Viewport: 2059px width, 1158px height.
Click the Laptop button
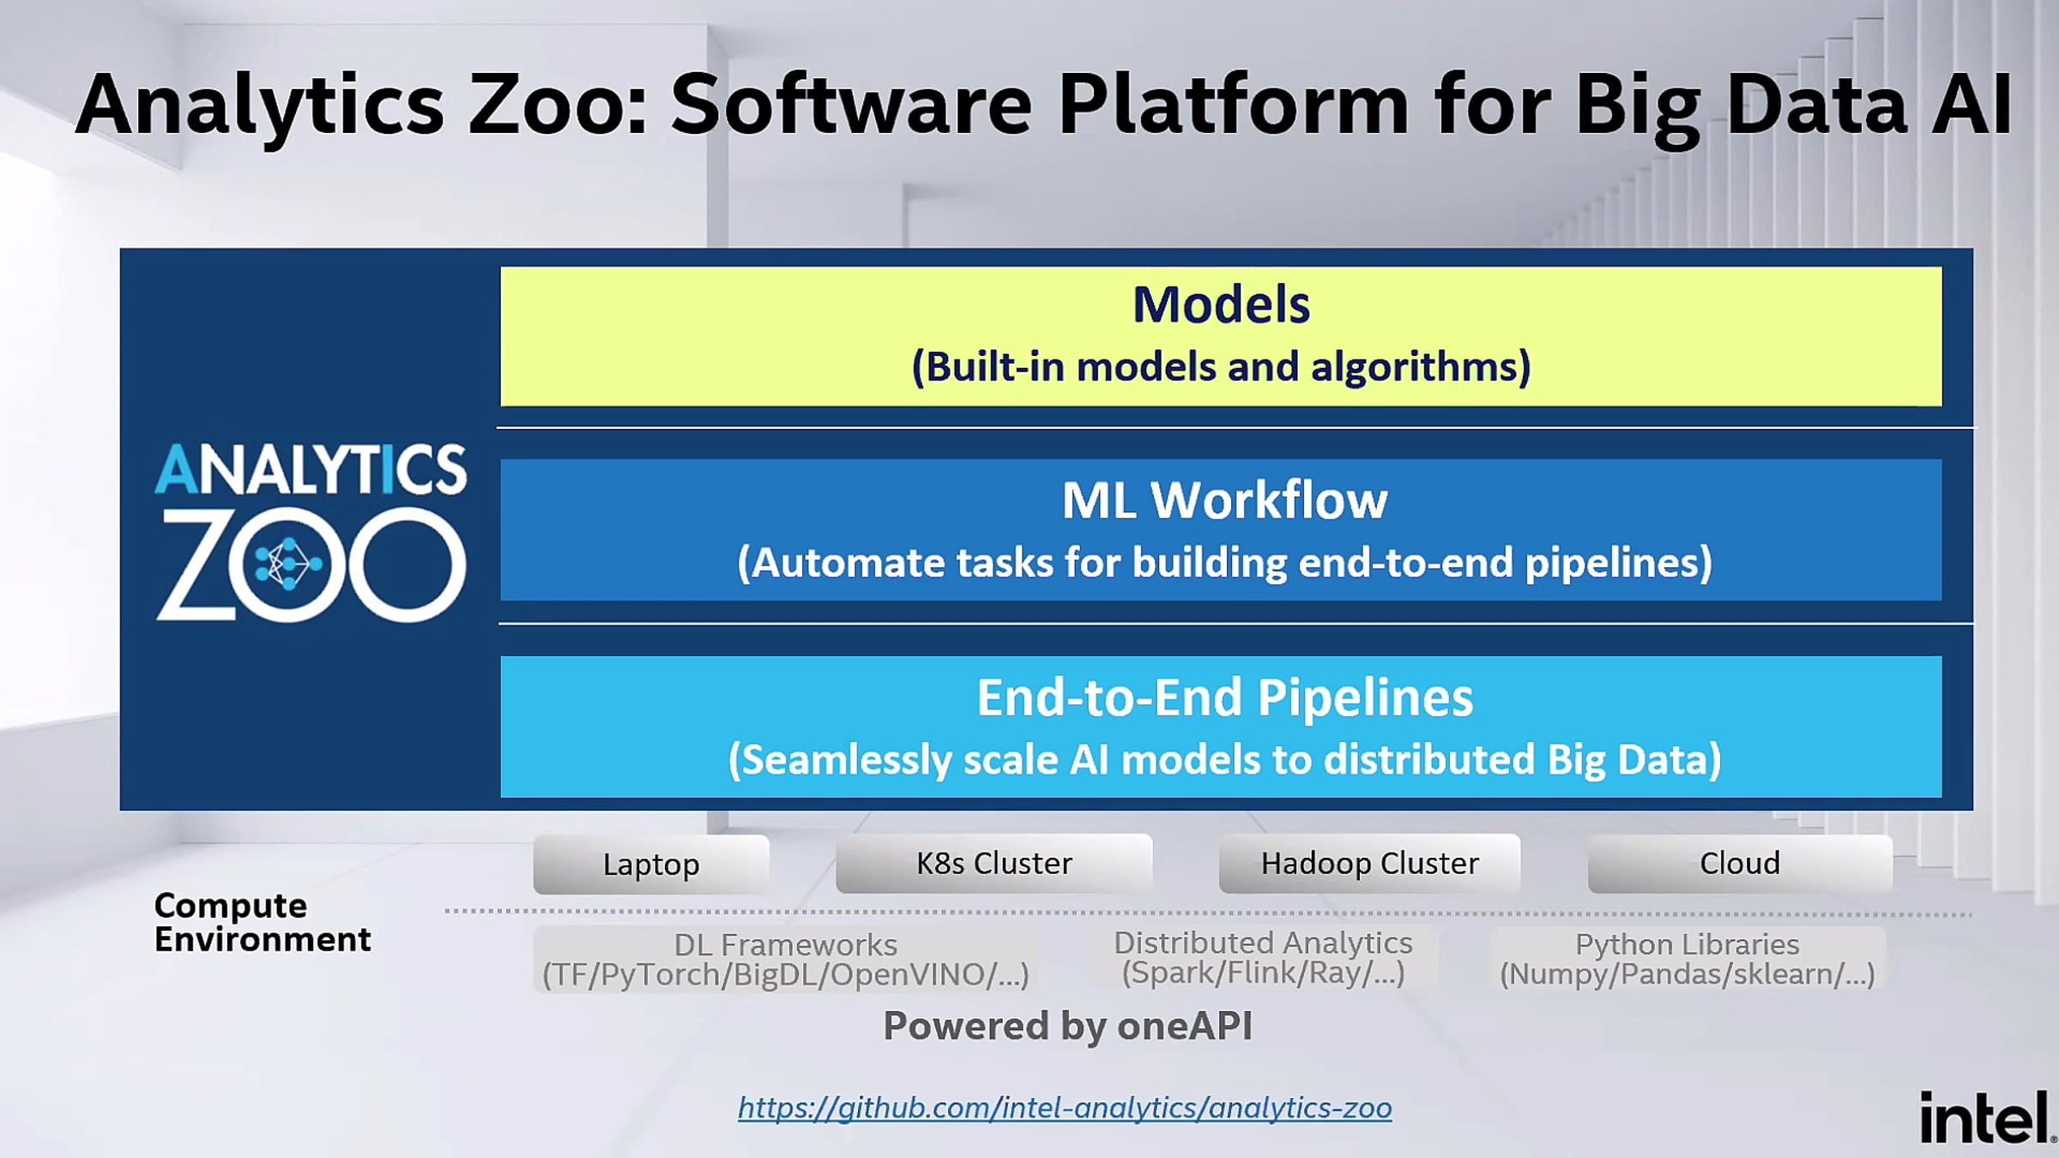pos(651,864)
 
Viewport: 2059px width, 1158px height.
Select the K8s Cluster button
pos(994,863)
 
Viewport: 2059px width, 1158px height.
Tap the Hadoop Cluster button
pos(1370,863)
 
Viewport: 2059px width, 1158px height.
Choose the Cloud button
pos(1740,863)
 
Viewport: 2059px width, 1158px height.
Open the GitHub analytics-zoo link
pos(1065,1107)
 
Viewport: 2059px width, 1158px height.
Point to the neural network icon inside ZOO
pos(287,564)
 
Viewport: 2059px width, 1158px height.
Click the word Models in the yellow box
pos(1221,305)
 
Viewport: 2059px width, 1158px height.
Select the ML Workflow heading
pos(1224,500)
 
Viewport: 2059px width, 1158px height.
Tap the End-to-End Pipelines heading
pos(1224,697)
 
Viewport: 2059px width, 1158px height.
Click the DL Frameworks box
pos(785,959)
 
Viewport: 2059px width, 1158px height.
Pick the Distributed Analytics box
pos(1263,957)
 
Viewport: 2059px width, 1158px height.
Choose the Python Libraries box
pos(1687,959)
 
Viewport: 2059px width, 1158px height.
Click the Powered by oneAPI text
pos(1067,1026)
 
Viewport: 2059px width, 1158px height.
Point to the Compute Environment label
pos(263,922)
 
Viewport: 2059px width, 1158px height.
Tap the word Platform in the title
pos(1234,105)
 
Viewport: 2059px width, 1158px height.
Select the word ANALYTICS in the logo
pos(311,469)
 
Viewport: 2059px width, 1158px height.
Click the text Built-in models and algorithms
pos(1221,367)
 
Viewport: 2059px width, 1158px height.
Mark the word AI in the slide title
pos(1971,105)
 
